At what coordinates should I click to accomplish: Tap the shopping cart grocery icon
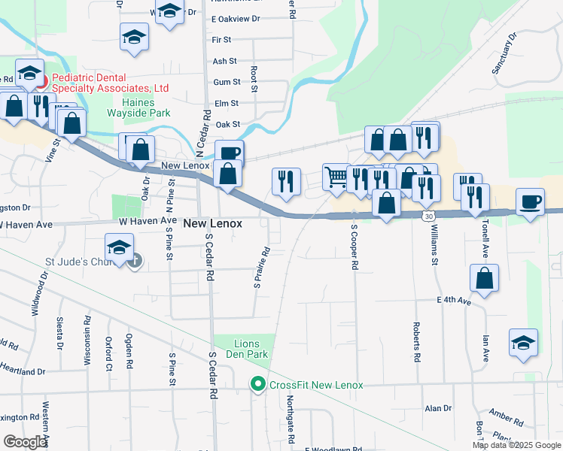tap(336, 177)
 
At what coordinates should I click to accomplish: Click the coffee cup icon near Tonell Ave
tap(531, 201)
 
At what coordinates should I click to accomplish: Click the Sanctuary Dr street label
tap(505, 53)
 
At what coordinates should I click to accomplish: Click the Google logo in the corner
tap(24, 442)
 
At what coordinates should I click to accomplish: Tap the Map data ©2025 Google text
tap(516, 445)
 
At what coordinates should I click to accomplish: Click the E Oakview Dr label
tap(235, 18)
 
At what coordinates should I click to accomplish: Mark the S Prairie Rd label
tap(261, 268)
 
